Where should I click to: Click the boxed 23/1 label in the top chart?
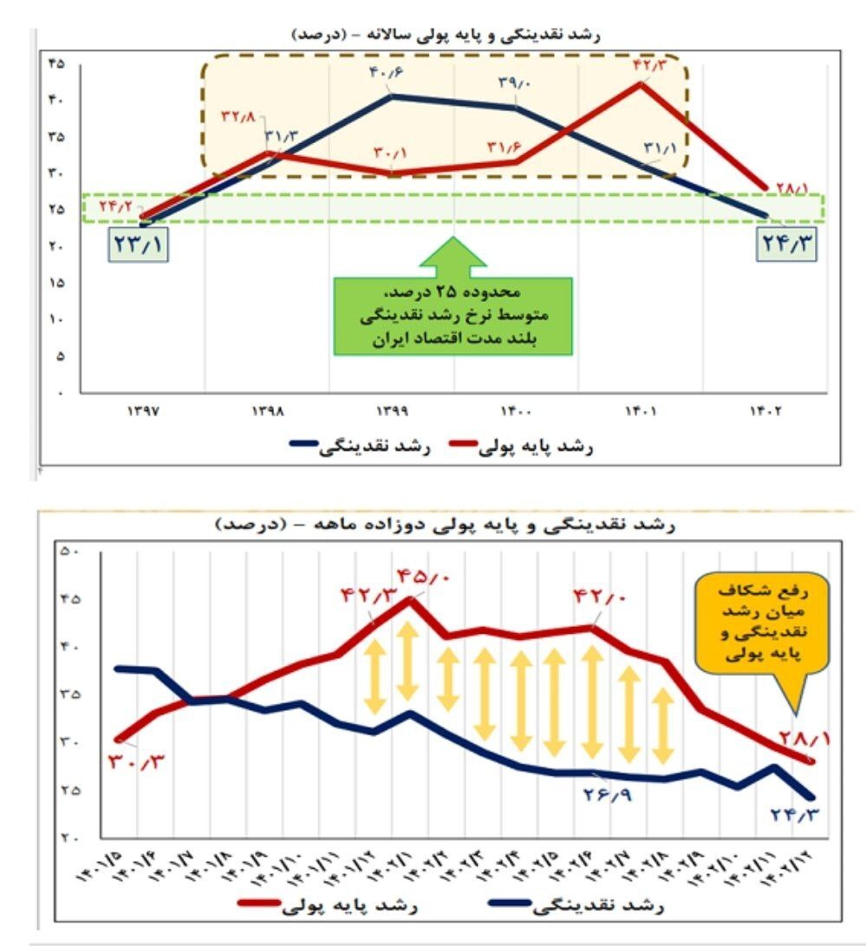138,243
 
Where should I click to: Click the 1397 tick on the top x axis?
141,412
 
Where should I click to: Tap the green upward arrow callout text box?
453,316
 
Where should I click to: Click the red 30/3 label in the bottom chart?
137,762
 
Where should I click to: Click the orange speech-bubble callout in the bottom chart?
762,623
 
